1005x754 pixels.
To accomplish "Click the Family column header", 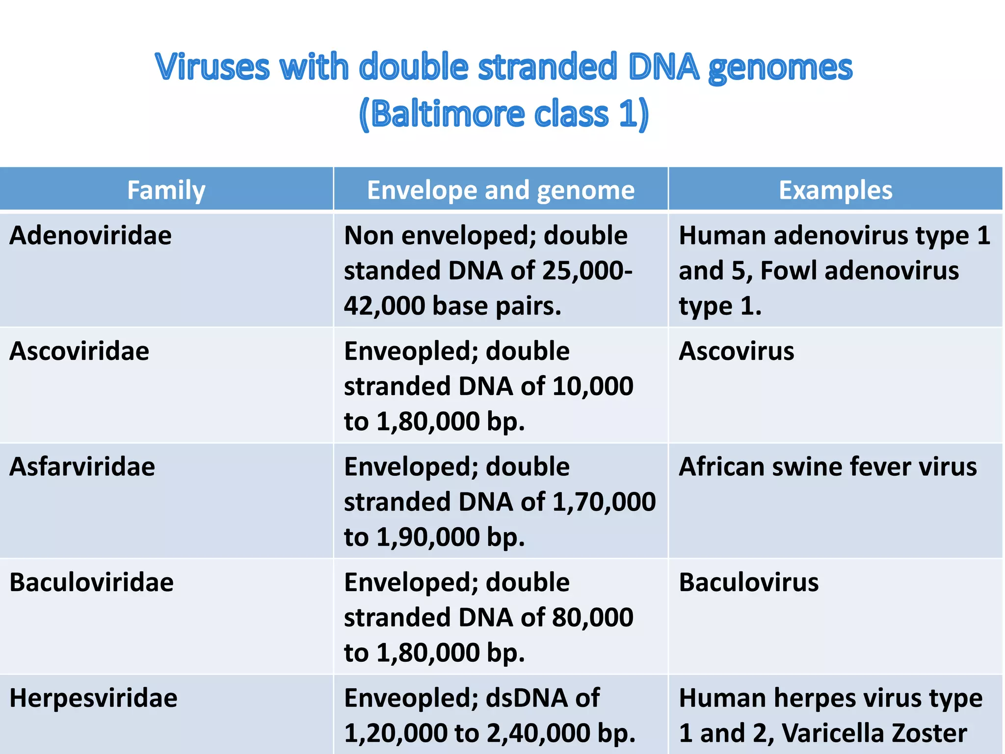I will (x=166, y=190).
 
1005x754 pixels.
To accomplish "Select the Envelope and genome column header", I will (x=501, y=190).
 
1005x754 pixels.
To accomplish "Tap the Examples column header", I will (x=835, y=190).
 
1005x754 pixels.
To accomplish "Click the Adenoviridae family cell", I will (x=91, y=236).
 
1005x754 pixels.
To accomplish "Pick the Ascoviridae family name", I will (x=79, y=351).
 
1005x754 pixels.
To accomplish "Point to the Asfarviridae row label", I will (x=82, y=467).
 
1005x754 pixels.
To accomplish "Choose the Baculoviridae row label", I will (x=92, y=583).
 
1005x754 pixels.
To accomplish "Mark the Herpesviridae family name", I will (x=94, y=698).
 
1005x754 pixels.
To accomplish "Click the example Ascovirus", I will (x=736, y=351).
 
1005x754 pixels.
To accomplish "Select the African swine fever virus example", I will (x=828, y=467).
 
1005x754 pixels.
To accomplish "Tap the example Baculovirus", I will (x=748, y=583).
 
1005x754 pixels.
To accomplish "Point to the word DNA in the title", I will (x=663, y=67).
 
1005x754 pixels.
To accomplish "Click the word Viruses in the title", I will (x=212, y=67).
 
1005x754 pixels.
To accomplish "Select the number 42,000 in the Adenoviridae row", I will (x=384, y=306).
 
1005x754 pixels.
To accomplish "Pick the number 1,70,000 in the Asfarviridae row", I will (x=604, y=502).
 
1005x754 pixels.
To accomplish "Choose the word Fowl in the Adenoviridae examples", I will (x=789, y=271).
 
